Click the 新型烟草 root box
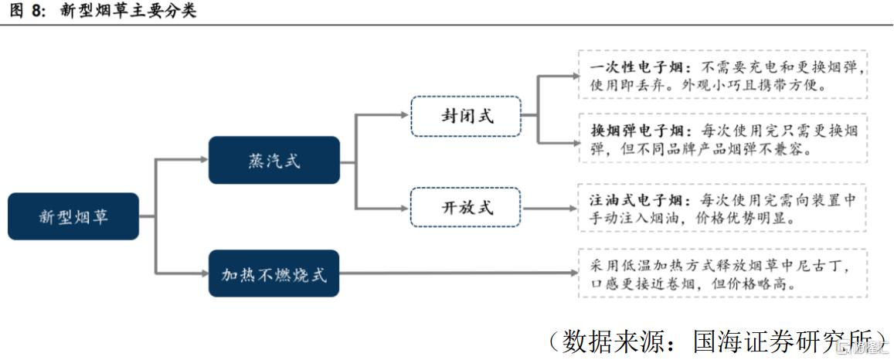click(x=73, y=216)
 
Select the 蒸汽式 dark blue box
click(x=274, y=160)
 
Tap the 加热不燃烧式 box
click(x=274, y=273)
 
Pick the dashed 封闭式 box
click(x=466, y=116)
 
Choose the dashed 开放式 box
click(x=466, y=207)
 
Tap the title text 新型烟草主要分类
click(x=128, y=12)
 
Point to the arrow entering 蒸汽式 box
click(x=202, y=160)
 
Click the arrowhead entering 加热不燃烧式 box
click(x=202, y=273)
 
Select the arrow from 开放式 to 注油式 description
click(x=549, y=208)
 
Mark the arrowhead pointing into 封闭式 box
click(x=404, y=115)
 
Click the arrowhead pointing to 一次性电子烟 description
click(x=574, y=76)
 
